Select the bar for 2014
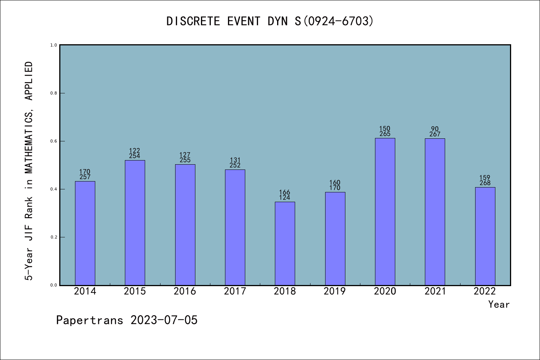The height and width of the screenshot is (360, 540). [85, 233]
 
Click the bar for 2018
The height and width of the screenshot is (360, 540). [285, 243]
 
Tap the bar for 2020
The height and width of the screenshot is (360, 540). [385, 211]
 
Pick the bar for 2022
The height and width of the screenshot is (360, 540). [485, 236]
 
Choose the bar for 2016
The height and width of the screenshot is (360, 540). [185, 225]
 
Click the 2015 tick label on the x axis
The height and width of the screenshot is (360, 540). [135, 291]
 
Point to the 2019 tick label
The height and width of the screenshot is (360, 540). [335, 291]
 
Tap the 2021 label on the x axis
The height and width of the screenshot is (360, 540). [435, 291]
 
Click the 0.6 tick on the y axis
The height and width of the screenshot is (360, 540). [54, 141]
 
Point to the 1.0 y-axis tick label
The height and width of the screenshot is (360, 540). [54, 45]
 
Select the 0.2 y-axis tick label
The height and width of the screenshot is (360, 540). [54, 237]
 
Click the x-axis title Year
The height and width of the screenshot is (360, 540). [499, 304]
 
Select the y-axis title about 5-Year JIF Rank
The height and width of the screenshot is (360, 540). [29, 171]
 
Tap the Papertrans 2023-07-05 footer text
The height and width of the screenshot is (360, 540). [127, 320]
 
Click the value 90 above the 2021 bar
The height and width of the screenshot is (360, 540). [435, 129]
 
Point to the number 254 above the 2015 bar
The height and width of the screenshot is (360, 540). [135, 156]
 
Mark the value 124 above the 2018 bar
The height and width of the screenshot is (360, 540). [285, 198]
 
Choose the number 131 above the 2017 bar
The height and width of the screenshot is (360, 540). [235, 160]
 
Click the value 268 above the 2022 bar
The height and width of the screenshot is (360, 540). [485, 183]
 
